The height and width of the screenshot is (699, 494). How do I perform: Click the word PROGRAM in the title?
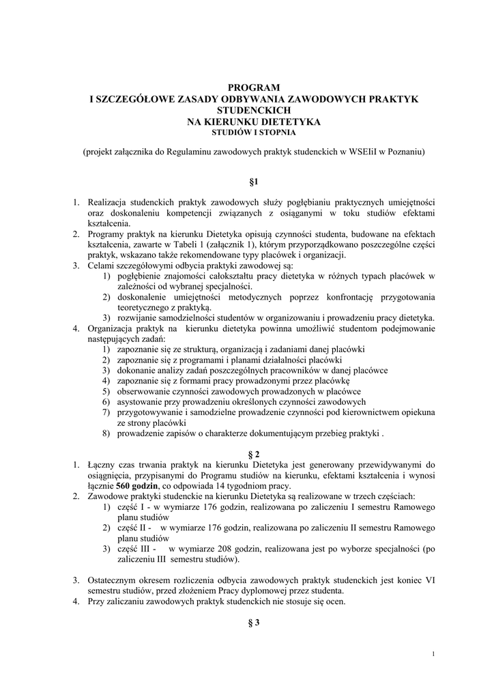(254, 87)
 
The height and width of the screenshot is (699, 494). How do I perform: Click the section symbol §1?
(253, 182)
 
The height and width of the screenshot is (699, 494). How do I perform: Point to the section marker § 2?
(253, 453)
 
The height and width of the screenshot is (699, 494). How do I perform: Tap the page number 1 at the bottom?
(433, 655)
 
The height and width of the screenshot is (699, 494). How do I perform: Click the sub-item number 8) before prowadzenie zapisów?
(107, 433)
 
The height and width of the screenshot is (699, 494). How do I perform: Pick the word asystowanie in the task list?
(140, 402)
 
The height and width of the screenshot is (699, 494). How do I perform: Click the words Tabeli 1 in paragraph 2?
(217, 244)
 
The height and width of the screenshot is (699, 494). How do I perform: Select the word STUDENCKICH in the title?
(254, 109)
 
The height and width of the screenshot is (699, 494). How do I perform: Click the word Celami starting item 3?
(102, 265)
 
